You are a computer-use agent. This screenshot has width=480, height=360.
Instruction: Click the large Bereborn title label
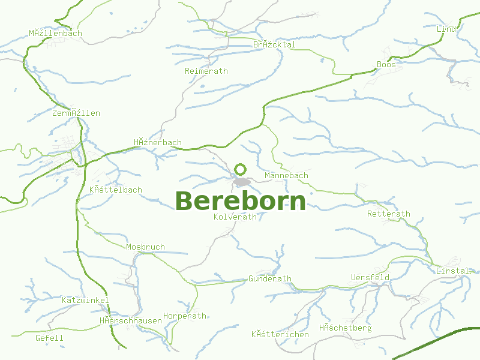[x=240, y=201]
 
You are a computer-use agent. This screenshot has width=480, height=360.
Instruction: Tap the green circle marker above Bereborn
[x=241, y=169]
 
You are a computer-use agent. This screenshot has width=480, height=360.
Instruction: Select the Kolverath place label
[x=235, y=217]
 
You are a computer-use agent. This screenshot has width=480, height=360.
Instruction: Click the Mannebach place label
[x=286, y=176]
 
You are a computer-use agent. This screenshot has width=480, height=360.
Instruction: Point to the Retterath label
[x=388, y=214]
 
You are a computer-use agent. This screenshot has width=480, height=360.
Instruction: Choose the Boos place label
[x=386, y=64]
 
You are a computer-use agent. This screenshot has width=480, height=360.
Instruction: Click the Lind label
[x=446, y=29]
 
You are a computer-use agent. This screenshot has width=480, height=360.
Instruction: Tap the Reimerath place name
[x=206, y=71]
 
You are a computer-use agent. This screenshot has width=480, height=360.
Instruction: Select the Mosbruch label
[x=145, y=247]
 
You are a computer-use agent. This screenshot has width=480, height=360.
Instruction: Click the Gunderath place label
[x=269, y=278]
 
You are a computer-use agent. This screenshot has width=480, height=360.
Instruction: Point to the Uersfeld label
[x=370, y=277]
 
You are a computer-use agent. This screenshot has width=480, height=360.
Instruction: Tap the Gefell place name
[x=49, y=338]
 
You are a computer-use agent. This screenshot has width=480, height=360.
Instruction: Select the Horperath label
[x=184, y=316]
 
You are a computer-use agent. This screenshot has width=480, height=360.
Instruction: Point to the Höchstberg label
[x=345, y=328]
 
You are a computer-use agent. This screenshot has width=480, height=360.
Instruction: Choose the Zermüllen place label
[x=76, y=113]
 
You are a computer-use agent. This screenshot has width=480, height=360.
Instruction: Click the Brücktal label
[x=274, y=44]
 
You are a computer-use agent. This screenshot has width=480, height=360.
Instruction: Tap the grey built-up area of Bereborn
[x=242, y=182]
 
